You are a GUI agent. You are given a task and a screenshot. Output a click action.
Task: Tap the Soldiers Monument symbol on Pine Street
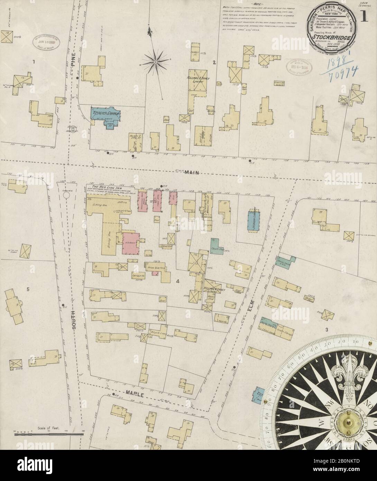coord(73,130)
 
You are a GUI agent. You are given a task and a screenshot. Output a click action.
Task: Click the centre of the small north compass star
coord(156,62)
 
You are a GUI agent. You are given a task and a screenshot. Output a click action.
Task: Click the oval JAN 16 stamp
coord(46,42)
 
